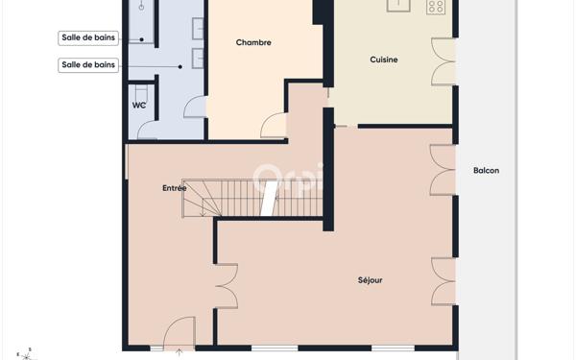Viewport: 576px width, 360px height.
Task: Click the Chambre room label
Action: [253, 42]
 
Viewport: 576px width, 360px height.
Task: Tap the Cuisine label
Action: [384, 60]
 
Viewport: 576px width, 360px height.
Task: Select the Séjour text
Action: [370, 280]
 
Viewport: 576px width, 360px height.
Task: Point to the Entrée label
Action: [174, 188]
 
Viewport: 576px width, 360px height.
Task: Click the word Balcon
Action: [486, 171]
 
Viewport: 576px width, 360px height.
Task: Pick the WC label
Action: [139, 105]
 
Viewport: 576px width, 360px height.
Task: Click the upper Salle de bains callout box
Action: [88, 38]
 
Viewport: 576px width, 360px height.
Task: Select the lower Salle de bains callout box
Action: [88, 65]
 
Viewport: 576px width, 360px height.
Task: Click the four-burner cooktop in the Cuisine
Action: [436, 6]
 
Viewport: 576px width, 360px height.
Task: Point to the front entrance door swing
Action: [179, 335]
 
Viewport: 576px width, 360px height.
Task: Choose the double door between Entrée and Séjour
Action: [227, 285]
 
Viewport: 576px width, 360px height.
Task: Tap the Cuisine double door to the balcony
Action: [443, 61]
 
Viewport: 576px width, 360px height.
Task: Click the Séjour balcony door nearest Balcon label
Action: [443, 171]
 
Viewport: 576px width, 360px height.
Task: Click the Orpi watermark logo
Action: [288, 179]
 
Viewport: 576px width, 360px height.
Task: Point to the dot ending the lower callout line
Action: [180, 65]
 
